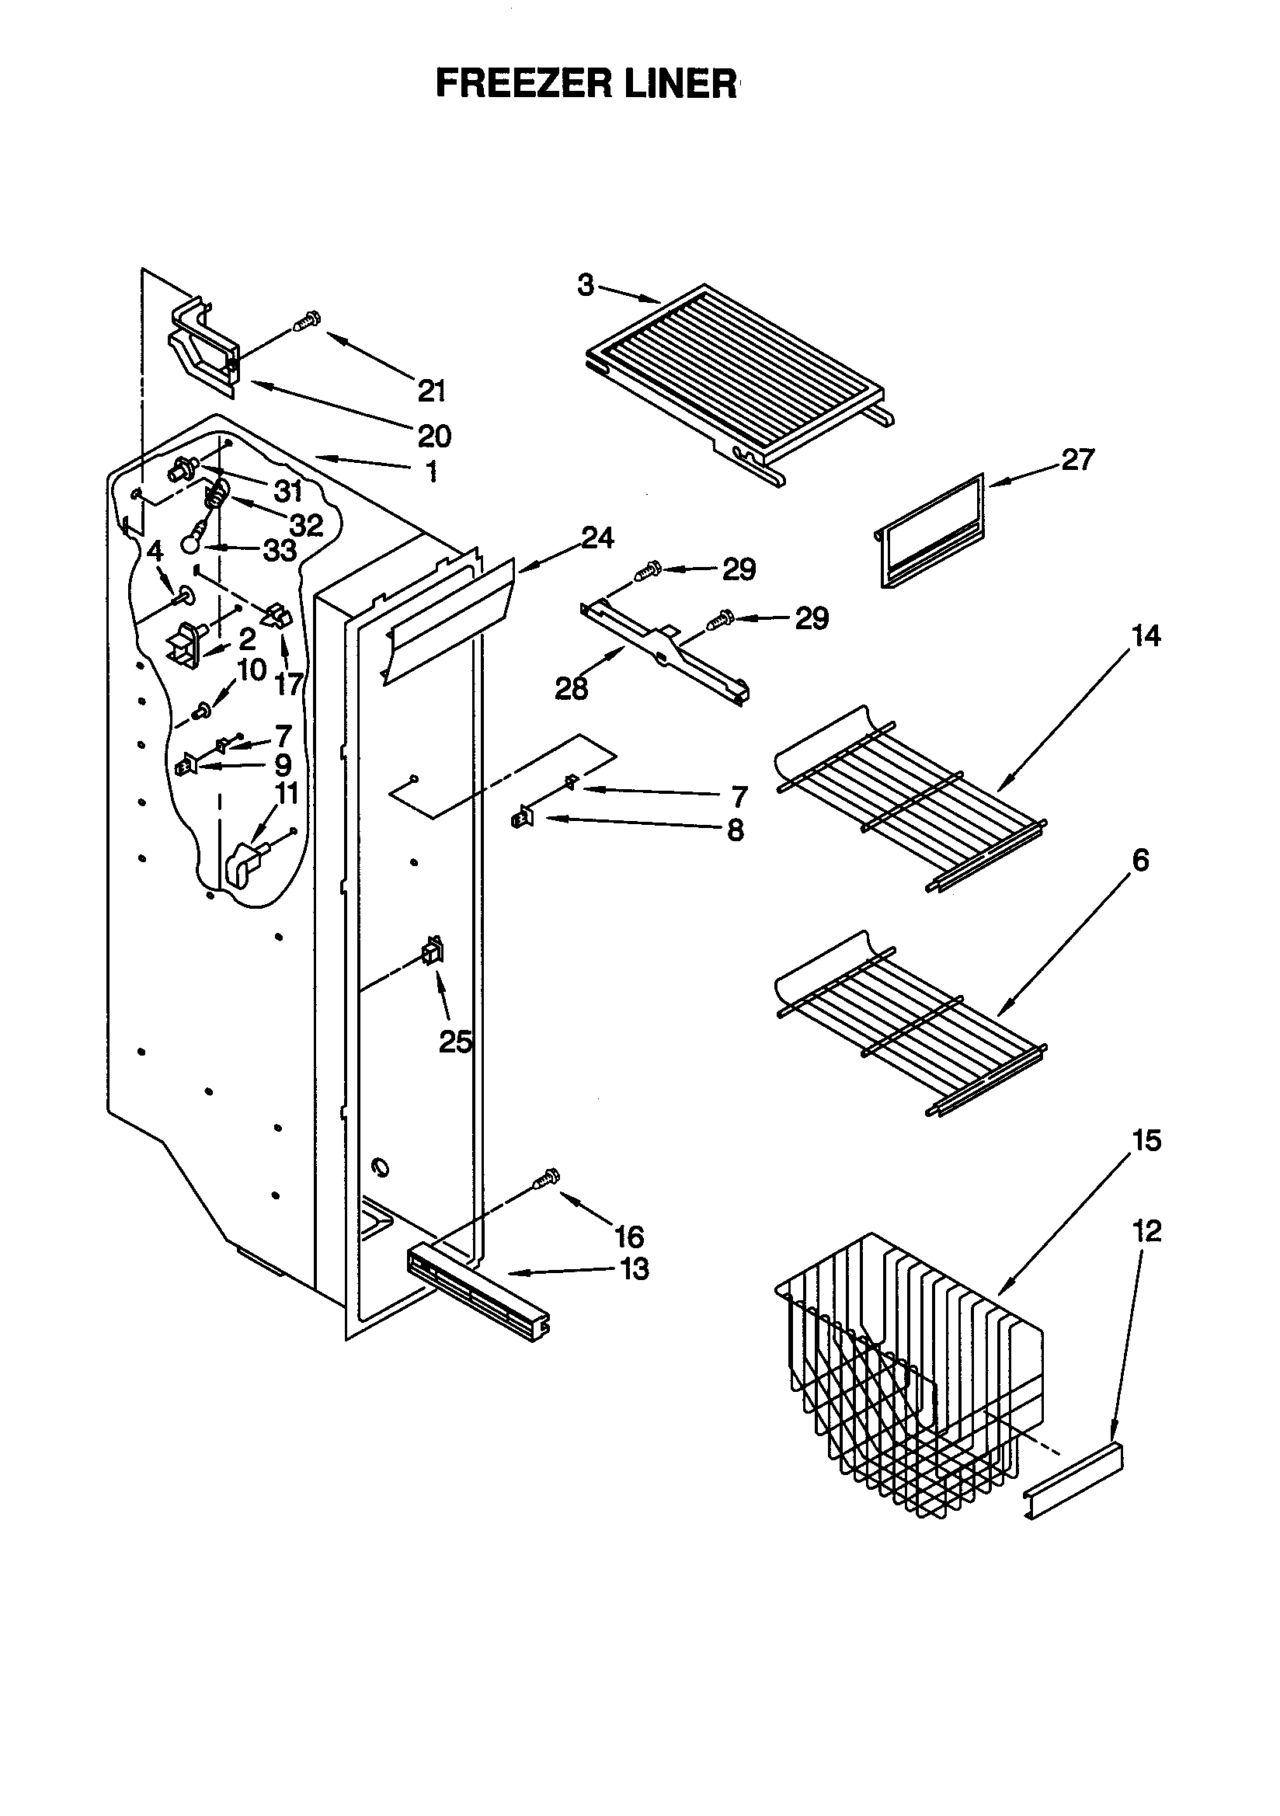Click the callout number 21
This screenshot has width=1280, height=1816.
click(x=432, y=391)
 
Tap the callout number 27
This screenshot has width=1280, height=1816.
click(x=1077, y=460)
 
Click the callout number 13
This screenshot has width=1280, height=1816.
click(x=635, y=1269)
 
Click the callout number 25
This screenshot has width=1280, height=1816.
click(x=456, y=1043)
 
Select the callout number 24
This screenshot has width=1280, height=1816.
click(x=598, y=538)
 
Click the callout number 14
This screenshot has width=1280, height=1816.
click(x=1147, y=635)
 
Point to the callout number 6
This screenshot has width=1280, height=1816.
click(x=1140, y=860)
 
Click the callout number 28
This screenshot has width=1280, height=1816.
click(x=571, y=689)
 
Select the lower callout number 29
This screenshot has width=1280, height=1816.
click(x=812, y=618)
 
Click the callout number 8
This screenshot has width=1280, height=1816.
click(x=735, y=830)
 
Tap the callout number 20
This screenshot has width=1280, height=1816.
click(x=434, y=436)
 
